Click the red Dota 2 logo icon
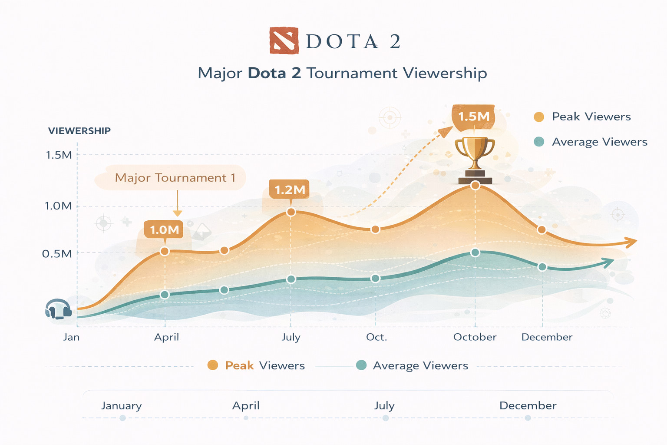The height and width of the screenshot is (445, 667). (x=284, y=40)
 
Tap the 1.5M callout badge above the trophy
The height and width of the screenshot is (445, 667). (x=474, y=116)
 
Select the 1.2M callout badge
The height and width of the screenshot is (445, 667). (x=290, y=189)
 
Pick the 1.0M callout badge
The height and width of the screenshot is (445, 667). (x=164, y=229)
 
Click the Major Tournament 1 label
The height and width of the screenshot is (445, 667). (x=175, y=178)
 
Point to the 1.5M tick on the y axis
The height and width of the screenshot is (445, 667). (x=59, y=155)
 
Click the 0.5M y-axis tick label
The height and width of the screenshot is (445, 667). (x=57, y=254)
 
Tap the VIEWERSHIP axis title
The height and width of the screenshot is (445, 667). (x=79, y=131)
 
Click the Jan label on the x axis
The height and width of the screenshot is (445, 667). (x=71, y=337)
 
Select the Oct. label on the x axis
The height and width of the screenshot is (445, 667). (x=376, y=337)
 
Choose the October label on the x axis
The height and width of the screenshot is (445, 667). (x=475, y=337)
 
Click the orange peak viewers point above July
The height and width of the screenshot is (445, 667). (x=291, y=212)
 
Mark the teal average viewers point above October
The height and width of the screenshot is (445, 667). (x=475, y=252)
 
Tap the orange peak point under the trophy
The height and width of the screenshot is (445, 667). (x=475, y=186)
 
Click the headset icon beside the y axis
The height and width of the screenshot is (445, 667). (x=58, y=309)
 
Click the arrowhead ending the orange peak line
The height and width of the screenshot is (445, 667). (x=632, y=242)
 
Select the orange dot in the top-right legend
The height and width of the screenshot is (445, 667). (x=539, y=116)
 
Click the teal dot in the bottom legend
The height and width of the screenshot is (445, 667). (x=361, y=365)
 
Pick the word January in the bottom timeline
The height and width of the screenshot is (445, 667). (x=122, y=405)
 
